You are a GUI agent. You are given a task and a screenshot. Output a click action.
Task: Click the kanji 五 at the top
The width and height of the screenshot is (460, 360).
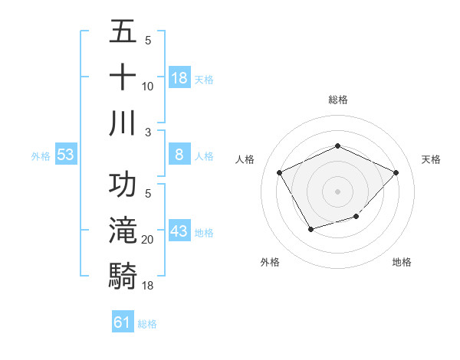pyautogui.click(x=123, y=34)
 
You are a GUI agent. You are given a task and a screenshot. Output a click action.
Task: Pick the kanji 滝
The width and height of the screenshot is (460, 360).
pyautogui.click(x=123, y=231)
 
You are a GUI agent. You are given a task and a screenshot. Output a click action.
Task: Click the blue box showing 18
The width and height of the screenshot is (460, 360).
pyautogui.click(x=179, y=78)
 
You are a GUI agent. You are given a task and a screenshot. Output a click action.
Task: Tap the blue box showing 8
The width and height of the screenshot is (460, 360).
pyautogui.click(x=179, y=155)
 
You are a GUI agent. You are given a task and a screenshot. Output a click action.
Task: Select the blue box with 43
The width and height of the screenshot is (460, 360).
pyautogui.click(x=179, y=231)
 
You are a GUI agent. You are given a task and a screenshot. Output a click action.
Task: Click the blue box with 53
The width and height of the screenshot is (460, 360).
pyautogui.click(x=65, y=155)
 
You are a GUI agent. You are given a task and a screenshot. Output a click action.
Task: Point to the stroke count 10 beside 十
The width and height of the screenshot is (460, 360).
pyautogui.click(x=148, y=87)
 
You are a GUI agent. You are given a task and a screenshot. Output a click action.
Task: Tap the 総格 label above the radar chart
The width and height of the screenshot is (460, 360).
pyautogui.click(x=337, y=100)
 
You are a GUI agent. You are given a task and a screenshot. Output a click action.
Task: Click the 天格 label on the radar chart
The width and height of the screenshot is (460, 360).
pyautogui.click(x=431, y=159)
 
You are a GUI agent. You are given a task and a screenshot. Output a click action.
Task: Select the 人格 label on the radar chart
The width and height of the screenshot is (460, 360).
pyautogui.click(x=245, y=159)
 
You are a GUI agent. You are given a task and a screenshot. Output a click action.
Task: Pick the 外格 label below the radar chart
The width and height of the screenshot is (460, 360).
pyautogui.click(x=270, y=263)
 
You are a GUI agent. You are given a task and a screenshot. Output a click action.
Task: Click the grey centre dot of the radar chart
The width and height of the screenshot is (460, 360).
pyautogui.click(x=337, y=190)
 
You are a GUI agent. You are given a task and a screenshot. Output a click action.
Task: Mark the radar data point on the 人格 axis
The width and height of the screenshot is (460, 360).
pyautogui.click(x=279, y=172)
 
